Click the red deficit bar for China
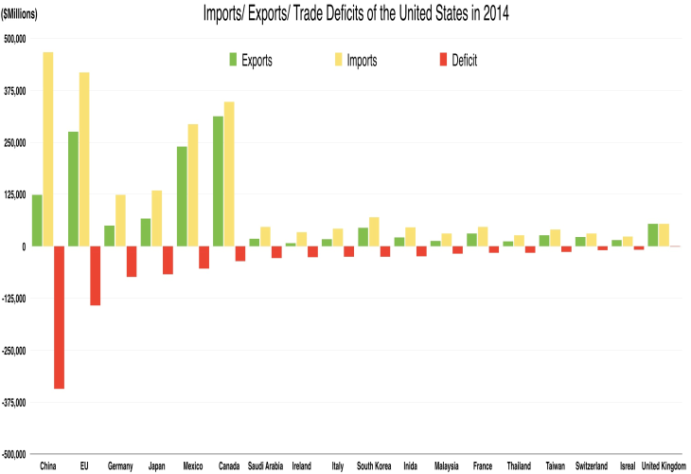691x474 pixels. click(60, 317)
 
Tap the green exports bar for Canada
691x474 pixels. click(218, 181)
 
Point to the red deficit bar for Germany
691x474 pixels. click(132, 261)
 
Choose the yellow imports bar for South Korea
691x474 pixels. click(374, 231)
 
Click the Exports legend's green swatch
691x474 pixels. click(233, 60)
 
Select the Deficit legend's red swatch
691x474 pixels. click(442, 60)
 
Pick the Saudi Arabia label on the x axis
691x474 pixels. click(266, 465)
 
